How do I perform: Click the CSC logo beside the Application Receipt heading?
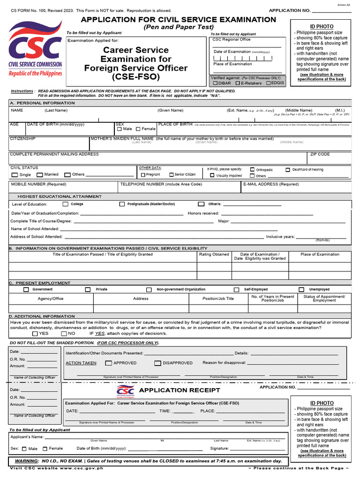(x=125, y=390)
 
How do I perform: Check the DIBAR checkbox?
(x=215, y=83)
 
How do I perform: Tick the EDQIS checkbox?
(x=268, y=83)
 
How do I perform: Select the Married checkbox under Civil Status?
(x=40, y=175)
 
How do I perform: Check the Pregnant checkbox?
(x=143, y=175)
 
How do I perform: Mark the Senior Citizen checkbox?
(x=171, y=175)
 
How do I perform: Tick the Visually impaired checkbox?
(x=212, y=175)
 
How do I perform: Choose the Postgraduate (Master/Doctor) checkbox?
(x=122, y=204)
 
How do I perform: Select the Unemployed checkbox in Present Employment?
(x=301, y=290)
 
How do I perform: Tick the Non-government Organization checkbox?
(x=149, y=290)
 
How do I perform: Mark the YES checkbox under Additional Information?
(x=35, y=334)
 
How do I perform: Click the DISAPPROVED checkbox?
(x=157, y=363)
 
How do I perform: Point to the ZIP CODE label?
(x=320, y=154)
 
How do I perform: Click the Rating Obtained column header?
(x=214, y=255)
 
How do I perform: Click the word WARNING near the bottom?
(x=26, y=461)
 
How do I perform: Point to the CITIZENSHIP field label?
(x=22, y=139)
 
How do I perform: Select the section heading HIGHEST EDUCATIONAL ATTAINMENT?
(x=60, y=196)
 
